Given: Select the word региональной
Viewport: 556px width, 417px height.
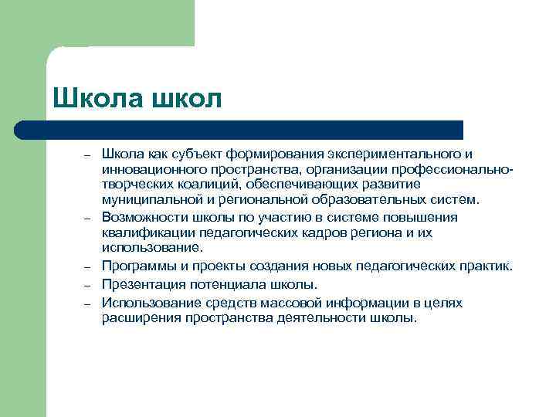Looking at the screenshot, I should (x=262, y=198).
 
